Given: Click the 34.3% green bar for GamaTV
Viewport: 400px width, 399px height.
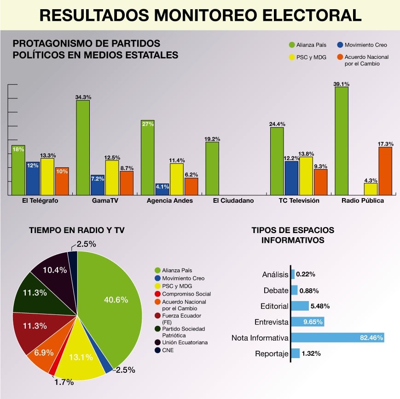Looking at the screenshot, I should point(83,147).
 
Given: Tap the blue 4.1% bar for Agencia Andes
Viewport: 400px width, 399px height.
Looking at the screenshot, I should point(162,189).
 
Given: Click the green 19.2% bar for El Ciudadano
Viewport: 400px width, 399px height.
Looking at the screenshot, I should point(212,168).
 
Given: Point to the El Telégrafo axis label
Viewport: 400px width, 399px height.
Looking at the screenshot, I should point(40,201).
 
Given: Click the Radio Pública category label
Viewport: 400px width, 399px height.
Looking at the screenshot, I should point(363,201).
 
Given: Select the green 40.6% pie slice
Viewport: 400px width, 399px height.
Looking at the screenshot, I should point(115,303).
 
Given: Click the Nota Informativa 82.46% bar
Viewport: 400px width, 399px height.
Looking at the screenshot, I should point(338,338).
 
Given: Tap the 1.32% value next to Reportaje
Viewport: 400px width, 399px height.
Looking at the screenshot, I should point(312,353).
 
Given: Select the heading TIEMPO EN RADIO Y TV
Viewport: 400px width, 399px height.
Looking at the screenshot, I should point(77,230).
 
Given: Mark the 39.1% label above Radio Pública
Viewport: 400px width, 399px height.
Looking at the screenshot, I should point(341,84).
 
